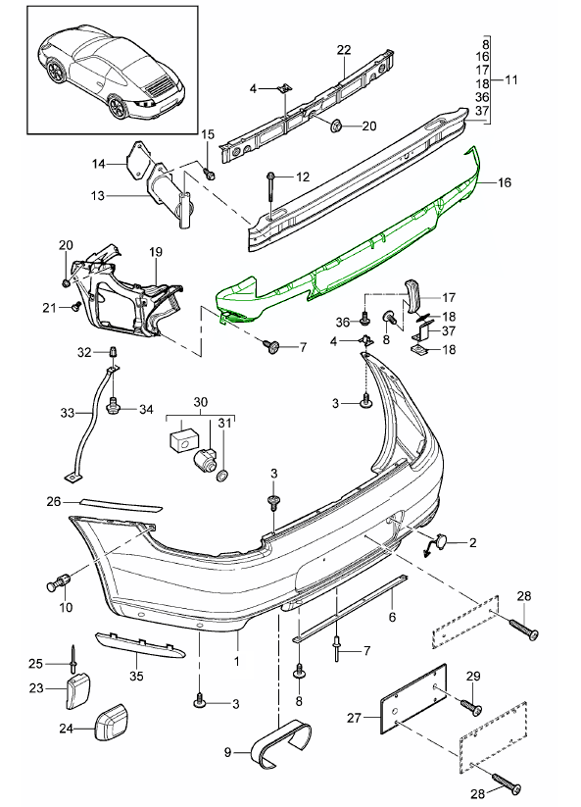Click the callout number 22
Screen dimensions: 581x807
coord(344,50)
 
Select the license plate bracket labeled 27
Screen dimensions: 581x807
coord(412,698)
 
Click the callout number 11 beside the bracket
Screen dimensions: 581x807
coord(511,79)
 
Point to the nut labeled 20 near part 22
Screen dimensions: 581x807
coord(337,126)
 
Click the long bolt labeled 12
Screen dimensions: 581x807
coord(271,193)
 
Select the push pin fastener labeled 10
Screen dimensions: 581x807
coord(58,583)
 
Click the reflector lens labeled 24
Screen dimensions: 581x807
coord(110,723)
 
